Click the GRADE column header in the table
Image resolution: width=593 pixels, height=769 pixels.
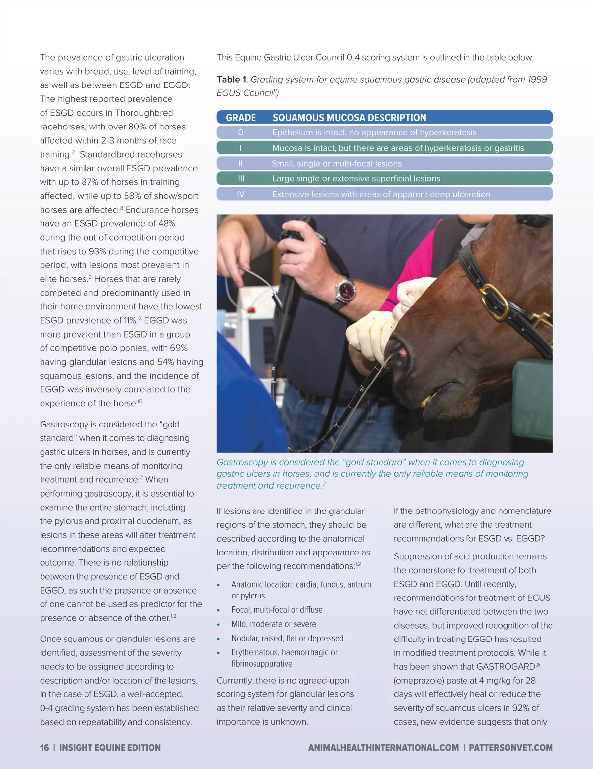pyautogui.click(x=241, y=118)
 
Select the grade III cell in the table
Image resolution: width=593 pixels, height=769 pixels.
pyautogui.click(x=241, y=179)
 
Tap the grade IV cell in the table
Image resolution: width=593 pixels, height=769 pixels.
pyautogui.click(x=241, y=194)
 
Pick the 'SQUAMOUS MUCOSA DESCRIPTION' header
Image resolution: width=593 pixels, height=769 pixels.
pyautogui.click(x=349, y=118)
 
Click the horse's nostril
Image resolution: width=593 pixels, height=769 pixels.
pyautogui.click(x=401, y=352)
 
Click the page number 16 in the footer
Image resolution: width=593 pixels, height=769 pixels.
pyautogui.click(x=44, y=748)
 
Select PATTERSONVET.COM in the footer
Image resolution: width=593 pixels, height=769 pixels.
pyautogui.click(x=510, y=748)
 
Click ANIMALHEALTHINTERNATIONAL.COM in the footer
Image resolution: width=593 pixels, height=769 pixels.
pyautogui.click(x=383, y=748)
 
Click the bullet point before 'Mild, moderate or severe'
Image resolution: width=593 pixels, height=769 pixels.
pyautogui.click(x=219, y=625)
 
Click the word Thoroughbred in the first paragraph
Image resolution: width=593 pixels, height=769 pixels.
pyautogui.click(x=144, y=113)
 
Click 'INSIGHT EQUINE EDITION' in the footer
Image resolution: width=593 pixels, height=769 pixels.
pyautogui.click(x=110, y=748)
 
